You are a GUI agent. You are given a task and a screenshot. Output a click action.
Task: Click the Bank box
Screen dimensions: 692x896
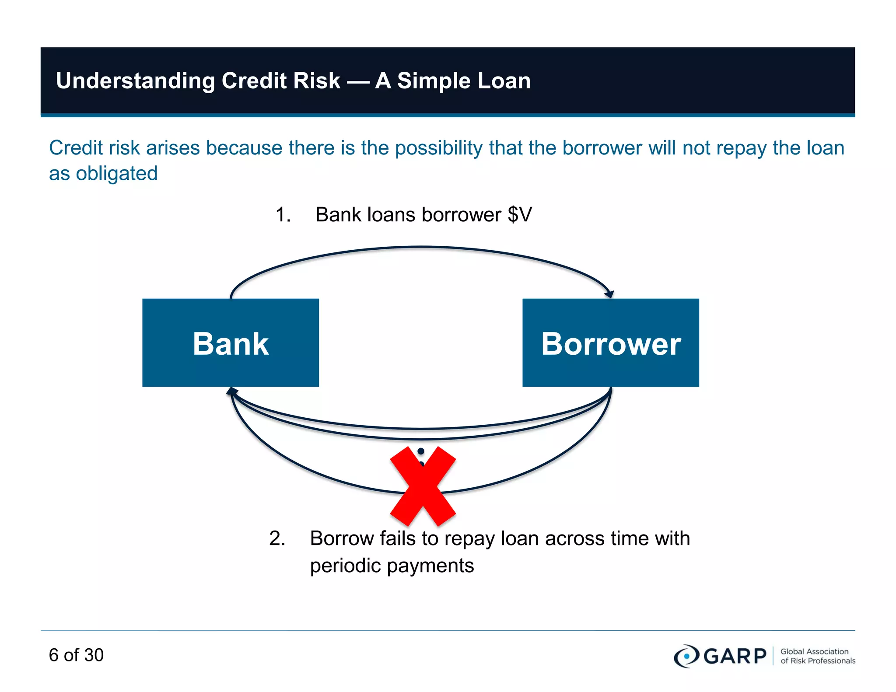point(231,343)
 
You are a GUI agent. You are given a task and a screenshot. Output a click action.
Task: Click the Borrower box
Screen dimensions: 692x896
point(610,343)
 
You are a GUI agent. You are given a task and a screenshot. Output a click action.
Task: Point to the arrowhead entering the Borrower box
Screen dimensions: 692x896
point(609,294)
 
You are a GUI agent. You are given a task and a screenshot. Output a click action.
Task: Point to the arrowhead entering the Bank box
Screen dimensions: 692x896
point(231,391)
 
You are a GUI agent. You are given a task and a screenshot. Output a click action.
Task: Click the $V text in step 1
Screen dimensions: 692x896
point(520,215)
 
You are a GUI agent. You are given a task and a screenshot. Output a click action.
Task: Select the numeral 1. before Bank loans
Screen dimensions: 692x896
point(283,215)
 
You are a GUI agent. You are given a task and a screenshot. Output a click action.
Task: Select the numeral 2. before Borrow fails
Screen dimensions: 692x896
point(277,538)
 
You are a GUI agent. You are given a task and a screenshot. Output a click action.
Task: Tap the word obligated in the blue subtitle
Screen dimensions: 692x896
point(116,173)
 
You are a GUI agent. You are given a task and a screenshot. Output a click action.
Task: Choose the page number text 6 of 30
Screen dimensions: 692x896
point(76,655)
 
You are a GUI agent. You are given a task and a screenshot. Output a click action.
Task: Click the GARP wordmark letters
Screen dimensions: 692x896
point(735,656)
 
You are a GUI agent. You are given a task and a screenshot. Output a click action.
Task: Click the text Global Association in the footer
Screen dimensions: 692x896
point(814,651)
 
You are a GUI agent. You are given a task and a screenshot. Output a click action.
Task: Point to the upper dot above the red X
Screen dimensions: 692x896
point(421,451)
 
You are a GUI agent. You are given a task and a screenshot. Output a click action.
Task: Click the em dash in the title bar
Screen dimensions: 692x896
point(357,81)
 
